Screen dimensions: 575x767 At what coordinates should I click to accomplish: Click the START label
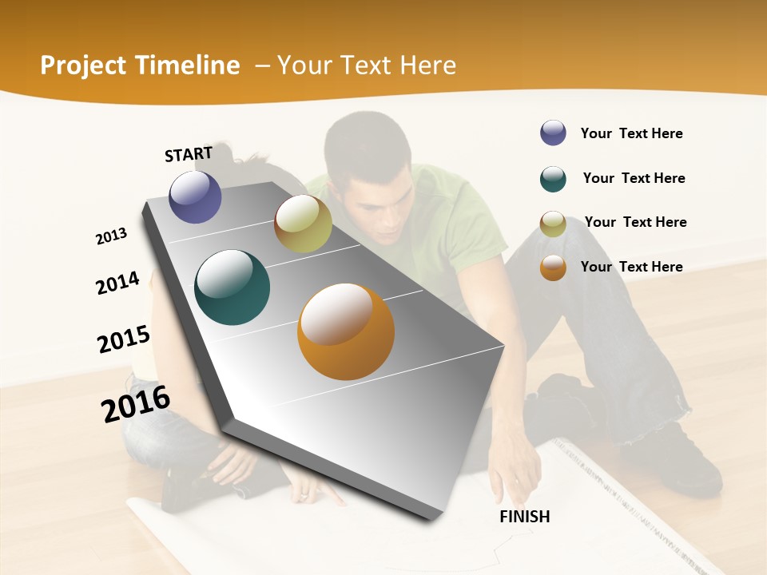pyautogui.click(x=189, y=154)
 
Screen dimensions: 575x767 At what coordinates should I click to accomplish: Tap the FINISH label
pyautogui.click(x=525, y=517)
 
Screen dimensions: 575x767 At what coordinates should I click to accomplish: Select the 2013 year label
pyautogui.click(x=112, y=236)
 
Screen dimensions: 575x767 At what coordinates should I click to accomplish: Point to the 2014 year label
pyautogui.click(x=118, y=283)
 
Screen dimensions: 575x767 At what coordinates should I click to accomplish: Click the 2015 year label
pyautogui.click(x=124, y=339)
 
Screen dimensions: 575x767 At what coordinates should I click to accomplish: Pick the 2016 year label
pyautogui.click(x=136, y=404)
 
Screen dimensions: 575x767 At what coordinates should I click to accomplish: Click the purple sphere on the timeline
pyautogui.click(x=195, y=196)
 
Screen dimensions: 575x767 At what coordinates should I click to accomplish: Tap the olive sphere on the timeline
pyautogui.click(x=303, y=224)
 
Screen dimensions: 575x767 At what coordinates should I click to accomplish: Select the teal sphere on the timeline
pyautogui.click(x=232, y=287)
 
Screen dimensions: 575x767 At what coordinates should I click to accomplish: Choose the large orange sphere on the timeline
pyautogui.click(x=346, y=331)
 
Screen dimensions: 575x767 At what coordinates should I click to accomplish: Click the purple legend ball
pyautogui.click(x=553, y=133)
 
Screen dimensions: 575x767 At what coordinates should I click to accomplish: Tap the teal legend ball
pyautogui.click(x=553, y=179)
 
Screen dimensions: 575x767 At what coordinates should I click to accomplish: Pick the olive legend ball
pyautogui.click(x=553, y=224)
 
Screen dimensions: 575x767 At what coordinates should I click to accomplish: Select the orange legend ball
pyautogui.click(x=553, y=268)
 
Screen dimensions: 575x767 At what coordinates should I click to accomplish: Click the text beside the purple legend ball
pyautogui.click(x=631, y=134)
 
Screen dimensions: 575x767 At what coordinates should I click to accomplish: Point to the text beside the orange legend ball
pyautogui.click(x=631, y=267)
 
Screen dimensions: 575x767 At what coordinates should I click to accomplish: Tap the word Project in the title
pyautogui.click(x=85, y=65)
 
